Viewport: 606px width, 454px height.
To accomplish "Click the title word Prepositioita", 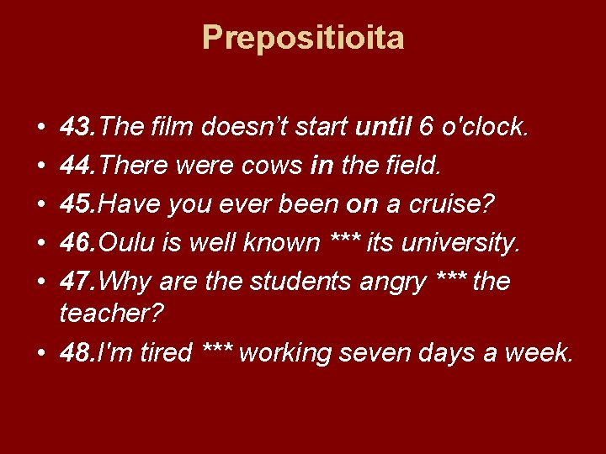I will (303, 38).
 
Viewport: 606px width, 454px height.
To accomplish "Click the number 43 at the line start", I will (77, 128).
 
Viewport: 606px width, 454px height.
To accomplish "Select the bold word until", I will (382, 128).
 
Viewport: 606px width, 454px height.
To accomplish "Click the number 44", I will (77, 166).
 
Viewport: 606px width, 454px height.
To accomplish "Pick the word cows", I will (271, 166).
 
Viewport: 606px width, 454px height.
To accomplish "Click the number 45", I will (77, 204).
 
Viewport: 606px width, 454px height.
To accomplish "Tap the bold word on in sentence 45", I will (340, 204).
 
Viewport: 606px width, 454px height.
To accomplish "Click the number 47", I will (77, 281).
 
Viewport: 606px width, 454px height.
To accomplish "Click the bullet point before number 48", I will (41, 353).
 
